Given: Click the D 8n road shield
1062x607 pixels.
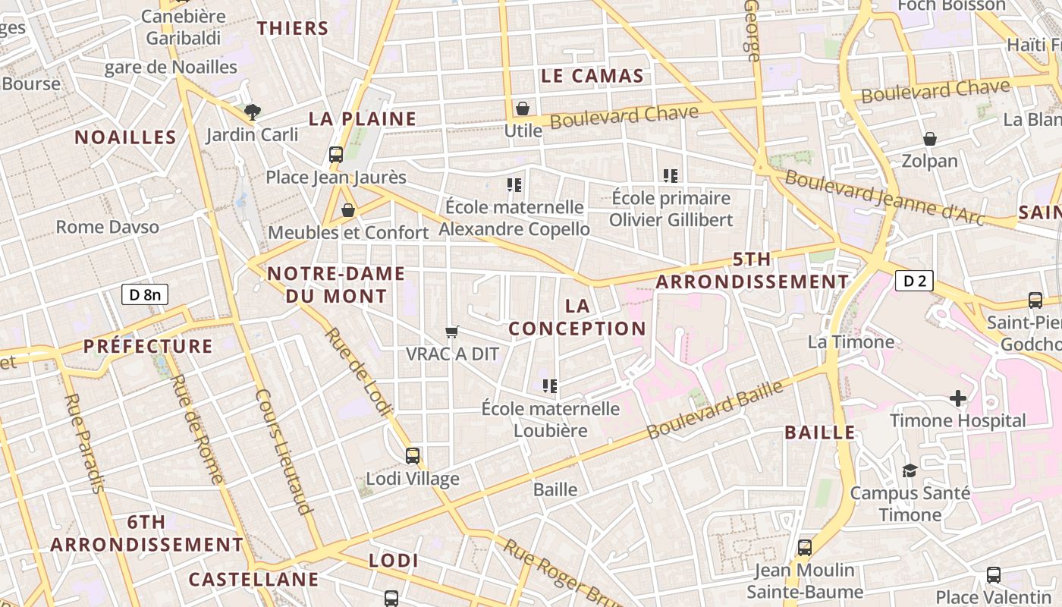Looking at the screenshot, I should (x=145, y=294).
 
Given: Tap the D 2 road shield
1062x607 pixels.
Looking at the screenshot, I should (x=913, y=281).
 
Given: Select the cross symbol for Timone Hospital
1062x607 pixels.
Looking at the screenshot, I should (x=958, y=398).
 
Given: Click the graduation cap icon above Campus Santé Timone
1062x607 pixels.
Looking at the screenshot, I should (x=910, y=471).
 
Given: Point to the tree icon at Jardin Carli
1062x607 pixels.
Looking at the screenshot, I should (x=253, y=112).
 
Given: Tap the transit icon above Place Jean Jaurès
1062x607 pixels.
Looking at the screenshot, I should (x=336, y=155).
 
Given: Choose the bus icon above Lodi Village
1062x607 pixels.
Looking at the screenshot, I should (x=413, y=456).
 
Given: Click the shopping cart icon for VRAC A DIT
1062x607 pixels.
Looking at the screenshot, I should (x=452, y=331).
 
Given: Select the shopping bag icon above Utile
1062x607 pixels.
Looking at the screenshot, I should (x=523, y=109).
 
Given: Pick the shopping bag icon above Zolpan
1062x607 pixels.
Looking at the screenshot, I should (x=930, y=139).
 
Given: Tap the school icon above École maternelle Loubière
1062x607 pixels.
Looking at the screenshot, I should (x=551, y=386).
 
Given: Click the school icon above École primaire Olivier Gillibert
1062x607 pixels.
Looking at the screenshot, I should (x=671, y=176).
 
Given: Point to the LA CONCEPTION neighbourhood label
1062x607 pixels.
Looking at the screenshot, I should (x=577, y=317).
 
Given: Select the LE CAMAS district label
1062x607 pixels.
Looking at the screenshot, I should (x=592, y=76).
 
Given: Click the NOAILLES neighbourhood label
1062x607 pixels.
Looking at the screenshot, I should (x=125, y=137).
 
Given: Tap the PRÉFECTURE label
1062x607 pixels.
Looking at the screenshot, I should (x=148, y=347).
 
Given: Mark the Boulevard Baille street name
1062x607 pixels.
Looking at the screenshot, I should (x=715, y=410).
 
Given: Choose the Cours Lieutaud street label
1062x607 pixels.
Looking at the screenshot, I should (x=284, y=452).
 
